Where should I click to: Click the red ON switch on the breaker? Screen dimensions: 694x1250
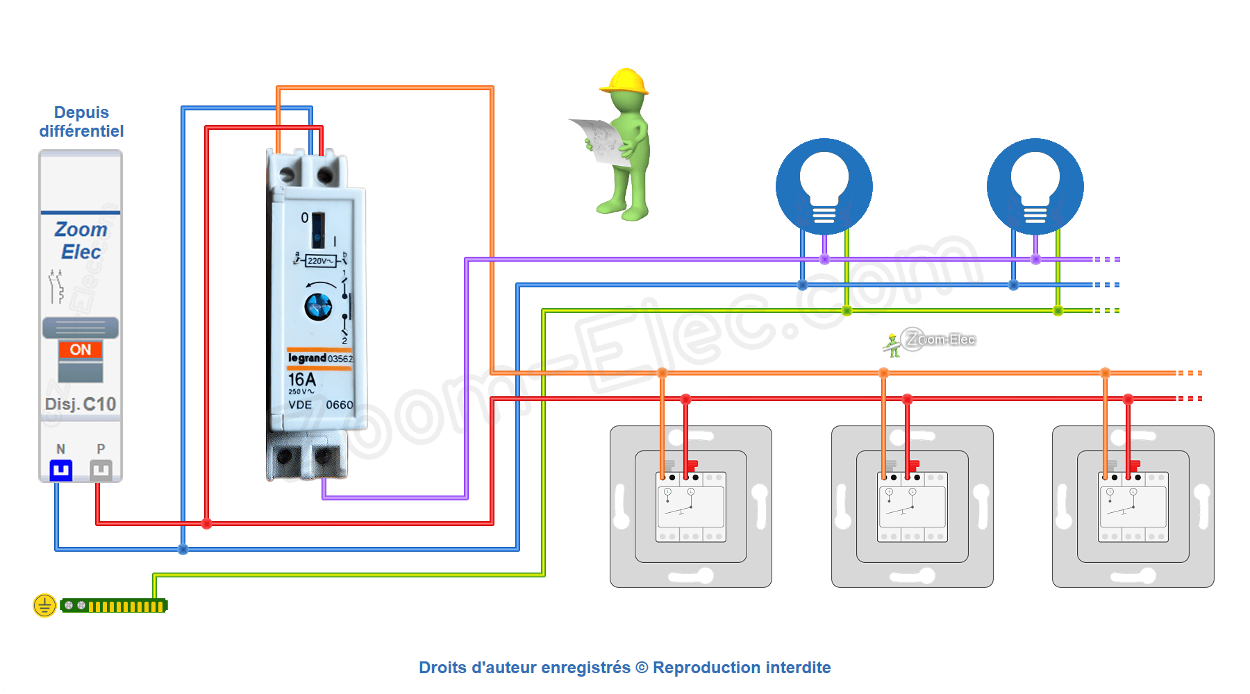pos(81,350)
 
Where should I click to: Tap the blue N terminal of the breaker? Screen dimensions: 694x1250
pos(61,471)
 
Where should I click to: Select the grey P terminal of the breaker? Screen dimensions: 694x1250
pos(101,471)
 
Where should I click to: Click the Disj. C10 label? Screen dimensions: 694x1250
pos(81,404)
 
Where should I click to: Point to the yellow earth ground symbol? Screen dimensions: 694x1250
pos(44,605)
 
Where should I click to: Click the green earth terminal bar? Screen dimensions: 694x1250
pos(114,606)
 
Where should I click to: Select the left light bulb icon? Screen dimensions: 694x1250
pos(824,186)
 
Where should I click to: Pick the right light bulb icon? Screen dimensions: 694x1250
pos(1035,186)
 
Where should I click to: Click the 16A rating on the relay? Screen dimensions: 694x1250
pos(301,380)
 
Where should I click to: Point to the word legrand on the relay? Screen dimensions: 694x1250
pos(307,358)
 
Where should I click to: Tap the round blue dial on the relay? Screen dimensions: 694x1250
pos(319,306)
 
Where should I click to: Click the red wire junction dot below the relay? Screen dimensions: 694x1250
pos(206,523)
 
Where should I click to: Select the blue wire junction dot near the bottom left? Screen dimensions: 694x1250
pos(183,549)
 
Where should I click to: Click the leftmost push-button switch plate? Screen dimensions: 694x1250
pos(691,507)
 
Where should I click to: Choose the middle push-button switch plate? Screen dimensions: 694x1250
pos(912,507)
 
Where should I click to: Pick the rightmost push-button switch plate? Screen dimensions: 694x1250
pos(1133,507)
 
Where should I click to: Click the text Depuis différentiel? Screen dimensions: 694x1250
pos(81,121)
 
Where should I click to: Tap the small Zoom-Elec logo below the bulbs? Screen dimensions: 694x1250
pos(931,340)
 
